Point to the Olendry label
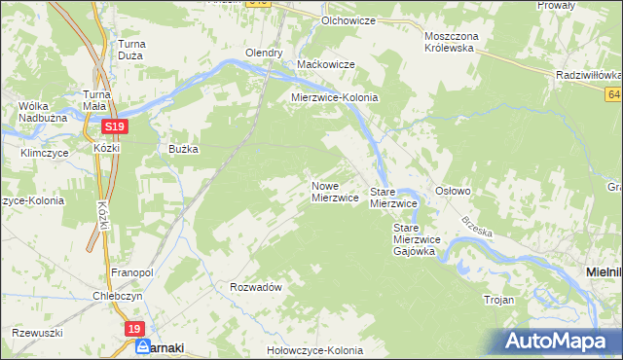click(264, 54)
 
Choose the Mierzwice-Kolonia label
click(335, 98)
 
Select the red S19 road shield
click(114, 126)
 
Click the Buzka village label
click(183, 149)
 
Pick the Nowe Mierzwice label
click(336, 192)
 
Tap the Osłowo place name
click(453, 192)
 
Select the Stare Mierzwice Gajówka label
click(418, 239)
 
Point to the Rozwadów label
click(256, 288)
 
